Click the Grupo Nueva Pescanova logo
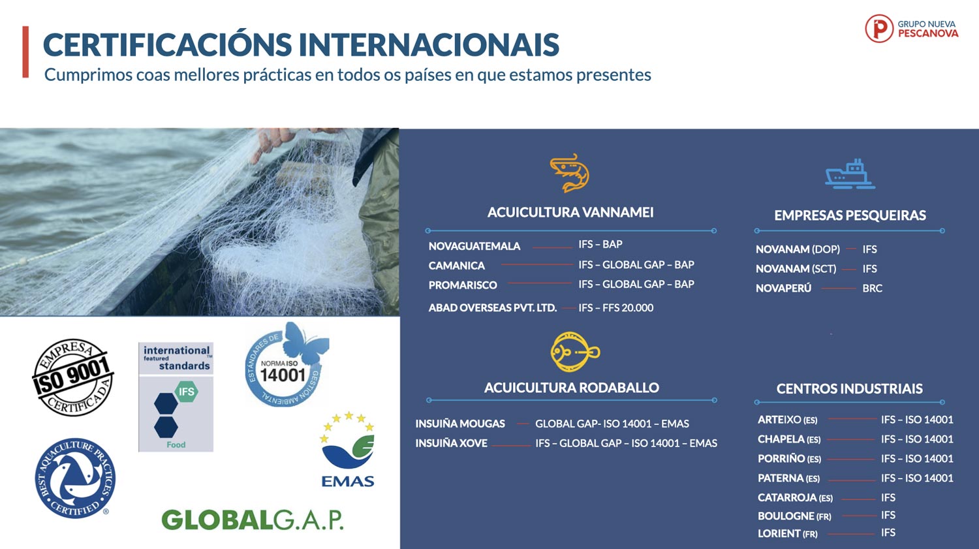point(912,29)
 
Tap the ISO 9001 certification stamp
point(73,377)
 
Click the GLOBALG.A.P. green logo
point(253,520)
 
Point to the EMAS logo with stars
point(348,449)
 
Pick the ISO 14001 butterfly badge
point(287,364)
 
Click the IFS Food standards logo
point(176,397)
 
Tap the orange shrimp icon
point(570,172)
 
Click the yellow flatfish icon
point(574,352)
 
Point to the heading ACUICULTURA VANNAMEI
point(570,212)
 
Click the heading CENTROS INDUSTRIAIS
point(850,388)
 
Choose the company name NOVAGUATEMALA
point(474,246)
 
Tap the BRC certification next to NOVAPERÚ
point(873,288)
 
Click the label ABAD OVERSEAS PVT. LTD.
point(493,307)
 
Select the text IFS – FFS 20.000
point(616,307)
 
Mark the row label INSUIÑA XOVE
point(451,443)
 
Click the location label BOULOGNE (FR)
point(794,516)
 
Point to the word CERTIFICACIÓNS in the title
point(167,44)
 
